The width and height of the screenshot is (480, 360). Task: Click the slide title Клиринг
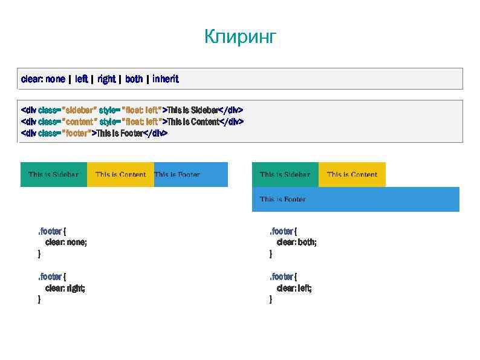240,37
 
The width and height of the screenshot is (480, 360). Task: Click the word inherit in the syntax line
166,79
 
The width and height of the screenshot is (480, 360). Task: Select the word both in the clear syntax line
134,79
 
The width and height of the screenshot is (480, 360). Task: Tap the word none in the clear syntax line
55,79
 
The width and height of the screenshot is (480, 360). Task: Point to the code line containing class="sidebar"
132,110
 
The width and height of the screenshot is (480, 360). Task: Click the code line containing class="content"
132,122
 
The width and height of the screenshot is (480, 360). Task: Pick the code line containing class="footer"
94,133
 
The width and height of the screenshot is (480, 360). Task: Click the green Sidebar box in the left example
54,174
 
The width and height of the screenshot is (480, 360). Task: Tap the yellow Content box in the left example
120,174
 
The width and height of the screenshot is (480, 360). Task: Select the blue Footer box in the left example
190,174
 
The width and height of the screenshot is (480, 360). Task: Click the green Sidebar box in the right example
285,174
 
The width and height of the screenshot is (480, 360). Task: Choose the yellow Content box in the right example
352,174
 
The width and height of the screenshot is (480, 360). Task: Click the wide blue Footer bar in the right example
355,199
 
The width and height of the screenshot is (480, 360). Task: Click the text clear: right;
65,288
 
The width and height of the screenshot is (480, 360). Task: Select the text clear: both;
297,242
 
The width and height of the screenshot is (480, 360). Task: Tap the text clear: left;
294,288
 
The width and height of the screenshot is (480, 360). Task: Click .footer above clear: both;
283,231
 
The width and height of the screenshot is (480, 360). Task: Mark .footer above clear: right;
52,277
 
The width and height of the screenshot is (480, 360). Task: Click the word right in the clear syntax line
106,79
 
